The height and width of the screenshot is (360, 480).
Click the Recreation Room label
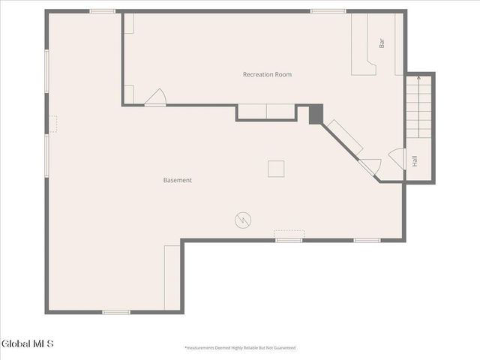tap(267, 74)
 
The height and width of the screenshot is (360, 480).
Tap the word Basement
tap(178, 180)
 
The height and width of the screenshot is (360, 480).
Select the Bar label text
tap(382, 43)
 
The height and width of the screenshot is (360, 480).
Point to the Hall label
tap(414, 160)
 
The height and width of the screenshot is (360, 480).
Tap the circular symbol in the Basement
tap(243, 220)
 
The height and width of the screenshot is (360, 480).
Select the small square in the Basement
tap(277, 169)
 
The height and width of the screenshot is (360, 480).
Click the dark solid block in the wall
tap(316, 114)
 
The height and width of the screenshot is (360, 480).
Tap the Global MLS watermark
tap(28, 344)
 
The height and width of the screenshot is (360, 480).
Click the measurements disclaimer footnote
tap(240, 348)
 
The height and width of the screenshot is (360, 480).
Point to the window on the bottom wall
tap(116, 311)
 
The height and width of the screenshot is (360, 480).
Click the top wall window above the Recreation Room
tap(328, 11)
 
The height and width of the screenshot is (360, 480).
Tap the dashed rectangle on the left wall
tap(52, 124)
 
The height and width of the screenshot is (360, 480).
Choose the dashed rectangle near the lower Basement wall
tap(289, 233)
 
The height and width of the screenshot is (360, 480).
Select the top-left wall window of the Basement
tap(102, 11)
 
